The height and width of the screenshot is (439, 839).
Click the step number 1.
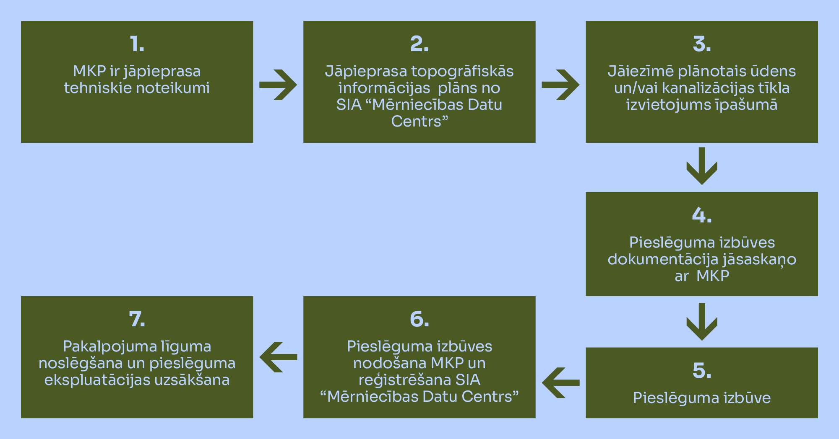[x=137, y=44]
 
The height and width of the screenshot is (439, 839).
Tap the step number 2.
[x=419, y=44]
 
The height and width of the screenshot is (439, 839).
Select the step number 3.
[x=701, y=44]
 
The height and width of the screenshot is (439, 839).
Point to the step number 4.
[x=701, y=215]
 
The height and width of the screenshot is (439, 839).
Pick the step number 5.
[x=701, y=371]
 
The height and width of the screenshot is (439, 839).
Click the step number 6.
[x=419, y=319]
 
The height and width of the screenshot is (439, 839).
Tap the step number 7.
[x=137, y=319]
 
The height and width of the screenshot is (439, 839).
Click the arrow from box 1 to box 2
[x=278, y=85]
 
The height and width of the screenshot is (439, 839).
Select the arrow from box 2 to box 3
[x=560, y=85]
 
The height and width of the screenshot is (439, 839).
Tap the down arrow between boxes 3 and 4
[x=702, y=166]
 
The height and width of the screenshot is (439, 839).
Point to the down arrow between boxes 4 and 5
[x=702, y=321]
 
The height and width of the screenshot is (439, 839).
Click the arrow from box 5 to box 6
[x=560, y=382]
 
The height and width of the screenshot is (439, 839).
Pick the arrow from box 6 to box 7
[x=278, y=357]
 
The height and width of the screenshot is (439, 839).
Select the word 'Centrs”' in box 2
[x=419, y=121]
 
